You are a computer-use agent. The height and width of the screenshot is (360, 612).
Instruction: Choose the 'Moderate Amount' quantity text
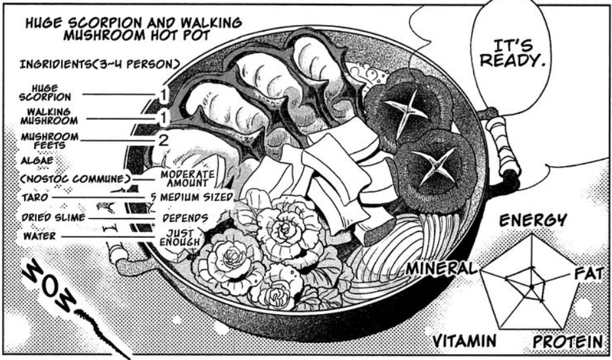(188, 178)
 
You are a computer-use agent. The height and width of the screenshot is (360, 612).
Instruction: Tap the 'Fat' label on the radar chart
(588, 273)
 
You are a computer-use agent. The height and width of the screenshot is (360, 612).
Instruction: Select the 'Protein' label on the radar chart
(567, 342)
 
